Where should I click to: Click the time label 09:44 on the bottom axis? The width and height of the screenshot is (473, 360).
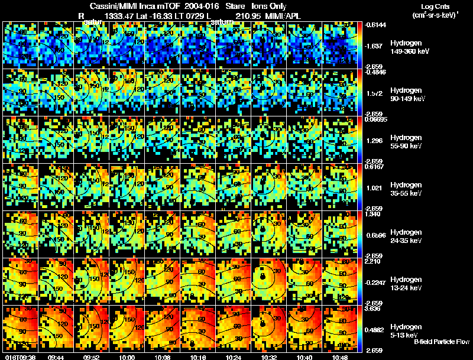click(x=57, y=357)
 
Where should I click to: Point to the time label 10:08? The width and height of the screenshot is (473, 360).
click(x=163, y=357)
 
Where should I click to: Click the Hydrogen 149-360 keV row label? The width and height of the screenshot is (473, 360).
click(x=409, y=47)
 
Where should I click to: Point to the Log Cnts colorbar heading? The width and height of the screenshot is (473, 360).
click(x=435, y=6)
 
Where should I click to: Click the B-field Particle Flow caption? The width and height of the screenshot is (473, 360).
click(x=441, y=341)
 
